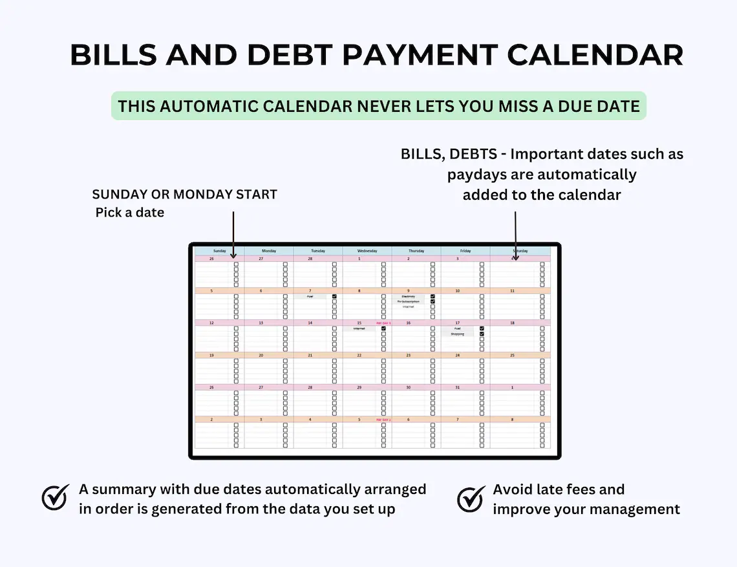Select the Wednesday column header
pos(367,251)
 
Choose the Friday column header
pos(465,251)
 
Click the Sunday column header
pos(219,251)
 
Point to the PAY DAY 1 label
pos(383,323)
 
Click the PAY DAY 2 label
pos(383,420)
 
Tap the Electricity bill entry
pos(408,296)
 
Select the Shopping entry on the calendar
pos(457,334)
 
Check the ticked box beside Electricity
pos(433,296)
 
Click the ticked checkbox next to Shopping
pos(482,334)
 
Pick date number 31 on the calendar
pos(457,387)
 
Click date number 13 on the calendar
pos(261,323)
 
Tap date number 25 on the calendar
pos(512,355)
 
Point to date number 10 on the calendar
pos(457,291)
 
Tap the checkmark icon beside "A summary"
pos(56,498)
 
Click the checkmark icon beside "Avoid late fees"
pos(471,498)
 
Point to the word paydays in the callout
pos(477,175)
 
